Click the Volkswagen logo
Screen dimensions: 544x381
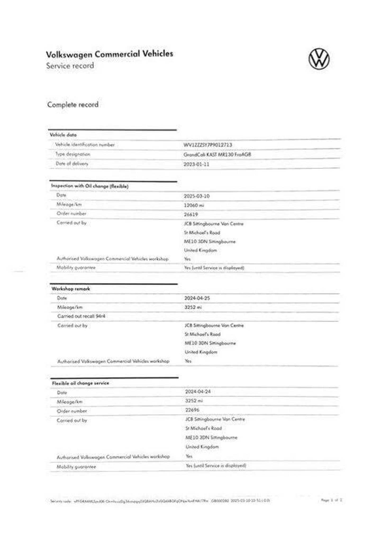pos(319,59)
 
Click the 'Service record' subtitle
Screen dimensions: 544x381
pos(70,66)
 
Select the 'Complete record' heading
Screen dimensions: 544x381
pos(73,105)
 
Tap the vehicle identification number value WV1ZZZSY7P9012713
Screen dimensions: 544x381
pos(208,145)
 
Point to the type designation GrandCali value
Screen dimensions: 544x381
pos(217,155)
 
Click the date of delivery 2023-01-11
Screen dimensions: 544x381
pos(196,164)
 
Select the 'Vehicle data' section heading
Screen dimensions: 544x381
pos(63,135)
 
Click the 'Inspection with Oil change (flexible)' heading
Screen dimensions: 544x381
pos(90,186)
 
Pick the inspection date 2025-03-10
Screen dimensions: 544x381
pos(197,196)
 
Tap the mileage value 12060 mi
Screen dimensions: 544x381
pos(194,205)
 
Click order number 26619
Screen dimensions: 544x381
pos(191,215)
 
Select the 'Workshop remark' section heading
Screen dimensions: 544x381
pos(71,289)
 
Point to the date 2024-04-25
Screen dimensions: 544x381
pos(197,298)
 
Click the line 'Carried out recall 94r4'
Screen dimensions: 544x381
pos(81,316)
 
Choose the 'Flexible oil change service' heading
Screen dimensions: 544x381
pos(80,383)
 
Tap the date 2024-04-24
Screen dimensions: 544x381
pos(198,392)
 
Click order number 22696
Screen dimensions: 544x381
pos(192,410)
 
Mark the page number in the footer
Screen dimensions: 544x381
pos(332,500)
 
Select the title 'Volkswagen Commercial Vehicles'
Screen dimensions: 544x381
pos(110,54)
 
